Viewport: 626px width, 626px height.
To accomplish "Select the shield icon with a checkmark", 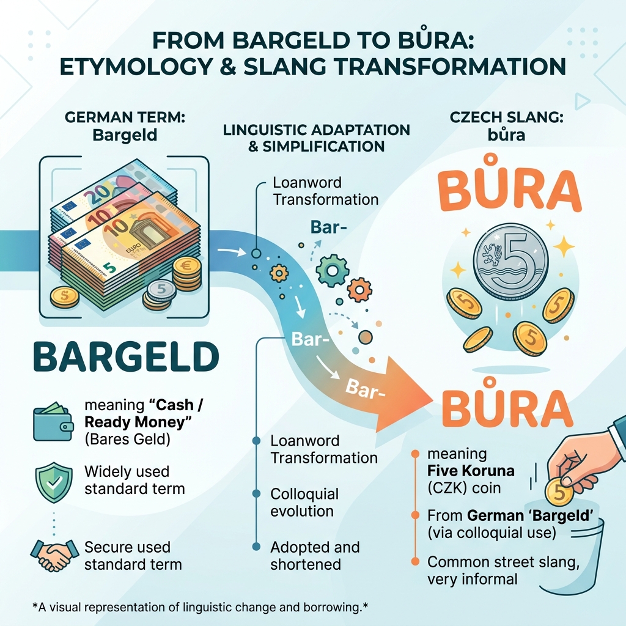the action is (54, 483).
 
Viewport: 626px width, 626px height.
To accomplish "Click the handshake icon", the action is (54, 554).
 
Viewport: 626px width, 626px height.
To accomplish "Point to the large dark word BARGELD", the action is (126, 356).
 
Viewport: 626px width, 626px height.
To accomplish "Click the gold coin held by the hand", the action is (559, 493).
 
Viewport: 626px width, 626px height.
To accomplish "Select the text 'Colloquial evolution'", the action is (304, 503).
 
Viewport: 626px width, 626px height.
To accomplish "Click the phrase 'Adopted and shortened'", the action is (315, 556).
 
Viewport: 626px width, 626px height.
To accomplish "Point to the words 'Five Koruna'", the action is (471, 471).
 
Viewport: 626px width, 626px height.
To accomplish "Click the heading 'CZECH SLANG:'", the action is (507, 117).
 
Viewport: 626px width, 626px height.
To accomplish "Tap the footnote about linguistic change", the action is (200, 607).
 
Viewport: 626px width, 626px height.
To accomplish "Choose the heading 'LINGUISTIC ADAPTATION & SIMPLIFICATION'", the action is (316, 138).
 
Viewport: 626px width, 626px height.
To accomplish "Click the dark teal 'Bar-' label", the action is (328, 227).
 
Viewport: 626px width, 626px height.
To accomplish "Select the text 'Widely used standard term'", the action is (134, 480).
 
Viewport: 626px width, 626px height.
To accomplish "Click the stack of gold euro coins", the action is (187, 273).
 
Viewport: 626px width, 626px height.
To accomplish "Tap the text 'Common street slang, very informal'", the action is (504, 570).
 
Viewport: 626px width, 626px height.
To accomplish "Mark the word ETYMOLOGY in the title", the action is (136, 66).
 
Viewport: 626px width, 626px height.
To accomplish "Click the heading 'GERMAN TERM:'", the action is (125, 117).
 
